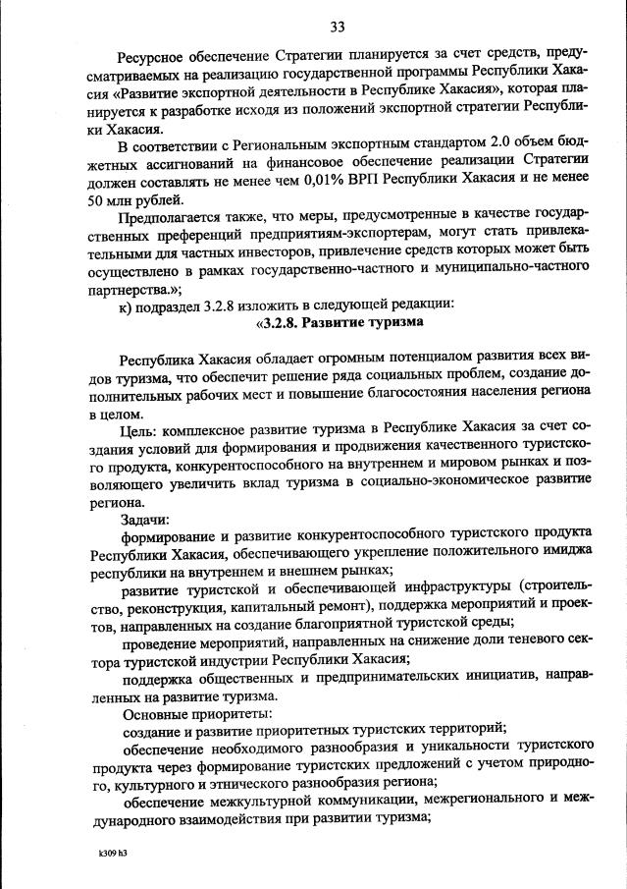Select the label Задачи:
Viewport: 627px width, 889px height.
(145, 519)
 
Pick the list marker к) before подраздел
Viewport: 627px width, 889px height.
(127, 304)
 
